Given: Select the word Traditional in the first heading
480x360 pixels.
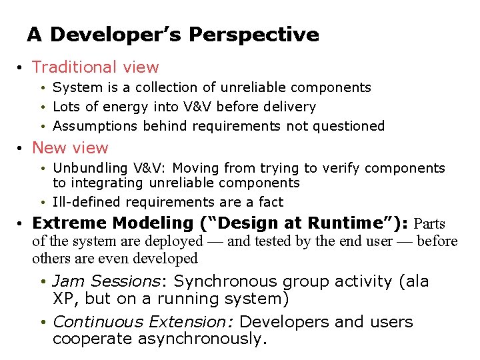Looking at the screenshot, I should point(71,67).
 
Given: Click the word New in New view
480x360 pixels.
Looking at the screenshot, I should point(49,148).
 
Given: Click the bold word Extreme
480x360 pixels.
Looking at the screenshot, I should point(69,223).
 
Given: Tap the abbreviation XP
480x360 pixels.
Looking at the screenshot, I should point(62,298).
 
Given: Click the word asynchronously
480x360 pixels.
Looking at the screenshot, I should point(201,339).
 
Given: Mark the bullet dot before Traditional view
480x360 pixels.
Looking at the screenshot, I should point(22,68).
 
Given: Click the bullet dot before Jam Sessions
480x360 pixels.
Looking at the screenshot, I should point(43,283).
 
